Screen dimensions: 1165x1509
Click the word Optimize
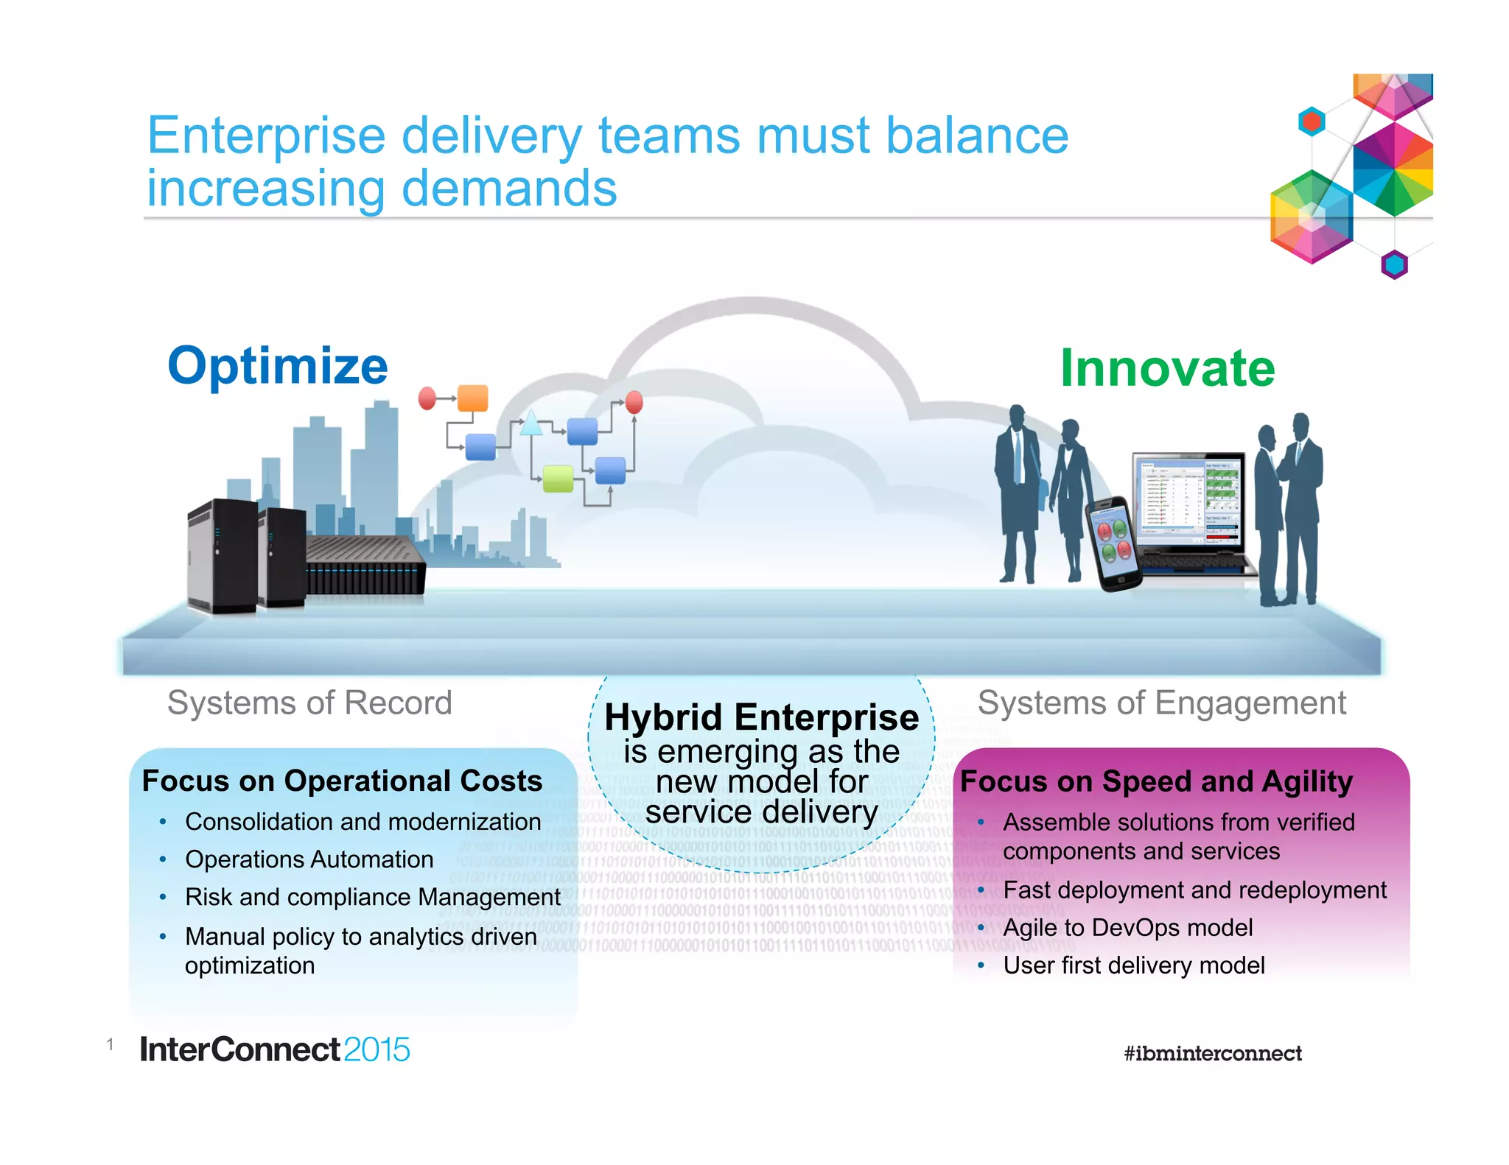click(278, 366)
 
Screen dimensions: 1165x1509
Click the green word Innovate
click(1167, 368)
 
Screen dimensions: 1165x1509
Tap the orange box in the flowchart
click(472, 398)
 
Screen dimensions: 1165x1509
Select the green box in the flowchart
click(558, 479)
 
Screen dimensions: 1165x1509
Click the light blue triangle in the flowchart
click(531, 425)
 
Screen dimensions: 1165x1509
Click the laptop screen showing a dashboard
click(1188, 501)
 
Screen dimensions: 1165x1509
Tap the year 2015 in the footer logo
click(376, 1049)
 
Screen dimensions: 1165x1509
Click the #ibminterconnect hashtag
click(1212, 1053)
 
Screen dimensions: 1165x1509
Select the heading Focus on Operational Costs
click(342, 781)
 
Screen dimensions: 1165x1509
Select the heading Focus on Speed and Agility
click(1156, 781)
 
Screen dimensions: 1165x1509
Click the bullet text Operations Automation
click(309, 859)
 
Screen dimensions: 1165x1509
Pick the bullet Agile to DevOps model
click(1127, 927)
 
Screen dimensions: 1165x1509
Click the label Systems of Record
click(309, 703)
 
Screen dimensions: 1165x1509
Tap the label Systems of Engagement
click(1161, 703)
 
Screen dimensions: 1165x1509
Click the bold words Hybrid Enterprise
click(761, 717)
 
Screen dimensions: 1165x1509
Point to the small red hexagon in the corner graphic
click(1312, 122)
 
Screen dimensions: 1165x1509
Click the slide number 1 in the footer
click(110, 1043)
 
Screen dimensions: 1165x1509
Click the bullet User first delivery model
click(1133, 965)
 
